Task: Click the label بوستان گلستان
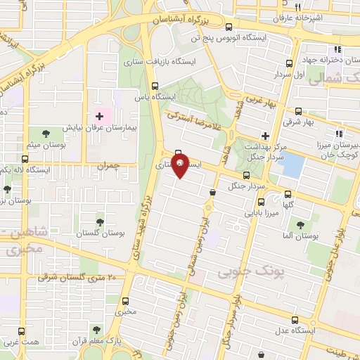point(99,233)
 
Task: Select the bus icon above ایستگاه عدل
point(301,318)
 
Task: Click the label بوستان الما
point(299,238)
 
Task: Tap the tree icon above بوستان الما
point(301,226)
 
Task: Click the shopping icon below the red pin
point(212,192)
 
